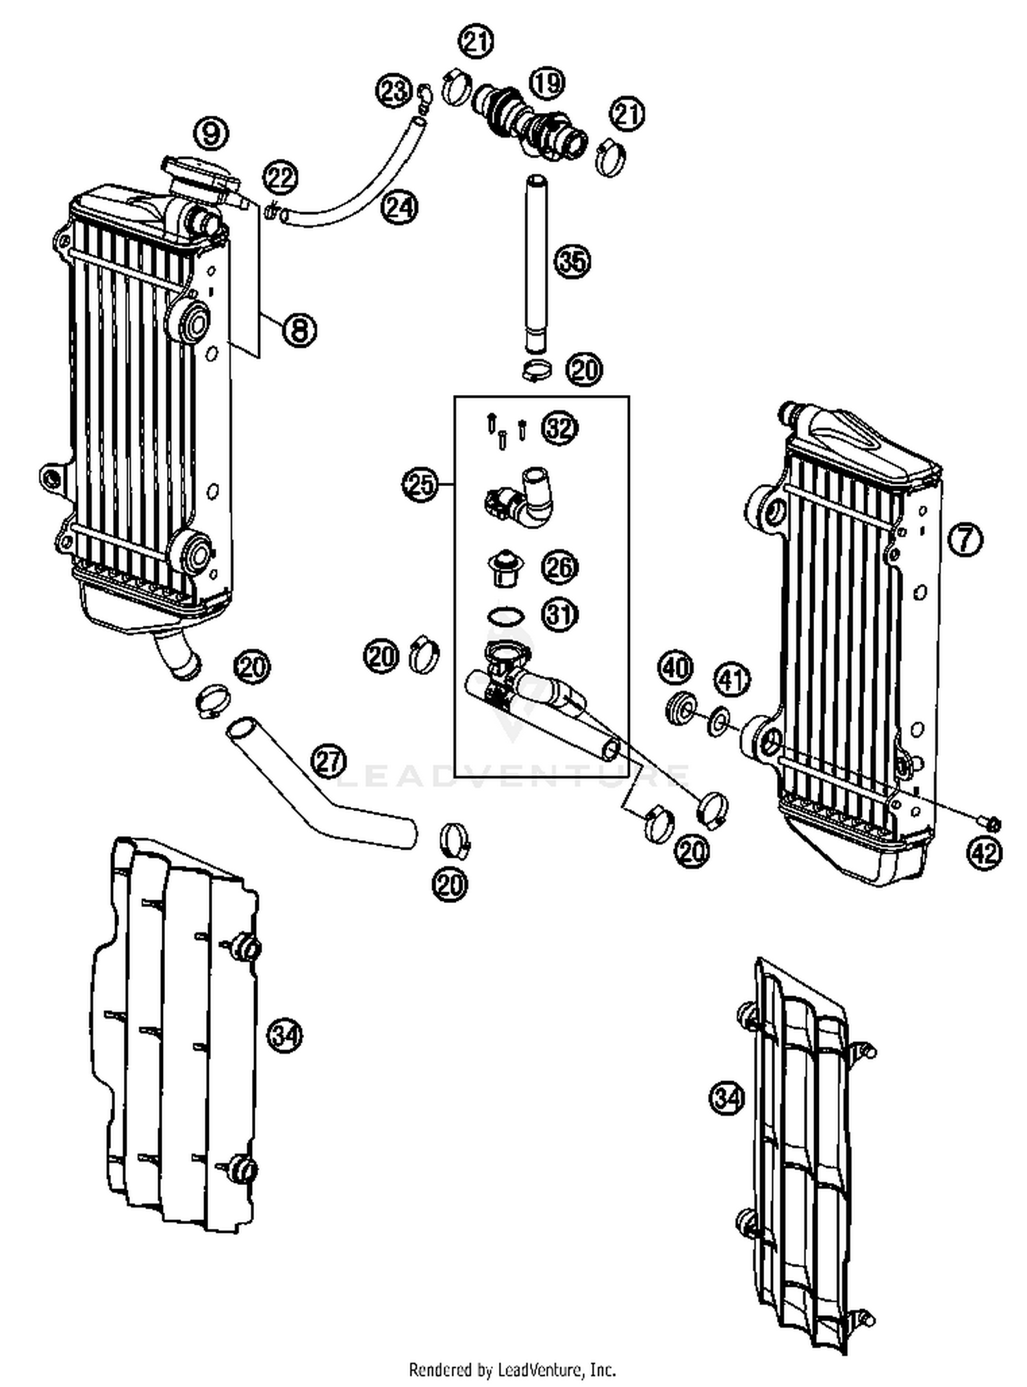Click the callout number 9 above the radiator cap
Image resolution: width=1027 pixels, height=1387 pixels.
(210, 133)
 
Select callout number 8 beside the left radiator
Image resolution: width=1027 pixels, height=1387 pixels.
(299, 331)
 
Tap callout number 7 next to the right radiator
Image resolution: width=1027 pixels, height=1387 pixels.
(965, 539)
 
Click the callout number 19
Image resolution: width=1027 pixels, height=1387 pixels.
(546, 83)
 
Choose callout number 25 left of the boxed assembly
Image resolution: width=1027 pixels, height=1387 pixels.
(419, 485)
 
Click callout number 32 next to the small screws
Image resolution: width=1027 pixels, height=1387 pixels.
(560, 429)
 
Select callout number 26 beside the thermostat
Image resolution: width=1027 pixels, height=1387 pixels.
(560, 567)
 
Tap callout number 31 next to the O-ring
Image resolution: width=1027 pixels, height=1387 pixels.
(560, 614)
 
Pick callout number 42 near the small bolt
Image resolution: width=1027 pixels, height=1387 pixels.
(985, 853)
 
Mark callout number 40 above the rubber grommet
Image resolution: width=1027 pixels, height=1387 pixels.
(676, 667)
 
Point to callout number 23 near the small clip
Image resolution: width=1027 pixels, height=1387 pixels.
(394, 90)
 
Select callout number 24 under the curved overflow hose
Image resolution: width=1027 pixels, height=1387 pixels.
(399, 206)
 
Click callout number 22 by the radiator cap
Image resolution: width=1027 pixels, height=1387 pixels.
(281, 178)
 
